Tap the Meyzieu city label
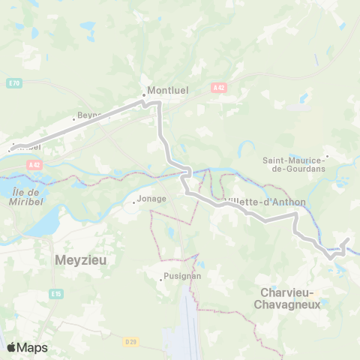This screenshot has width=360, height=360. pos(82,260)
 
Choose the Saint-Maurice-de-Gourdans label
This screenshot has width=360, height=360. pos(293,163)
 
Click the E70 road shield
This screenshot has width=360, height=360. pos(14,82)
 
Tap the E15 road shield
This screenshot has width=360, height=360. pos(56,293)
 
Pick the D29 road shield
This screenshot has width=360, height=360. pos(132,342)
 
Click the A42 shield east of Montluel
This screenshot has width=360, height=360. pos(218,88)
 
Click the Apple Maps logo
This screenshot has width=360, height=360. pos(27,347)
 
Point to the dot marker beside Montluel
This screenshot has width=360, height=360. pos(143,95)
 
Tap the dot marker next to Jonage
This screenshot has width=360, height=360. pos(133,202)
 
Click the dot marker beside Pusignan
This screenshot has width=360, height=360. pos(161,279)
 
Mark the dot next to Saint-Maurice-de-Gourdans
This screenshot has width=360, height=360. pos(327,156)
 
